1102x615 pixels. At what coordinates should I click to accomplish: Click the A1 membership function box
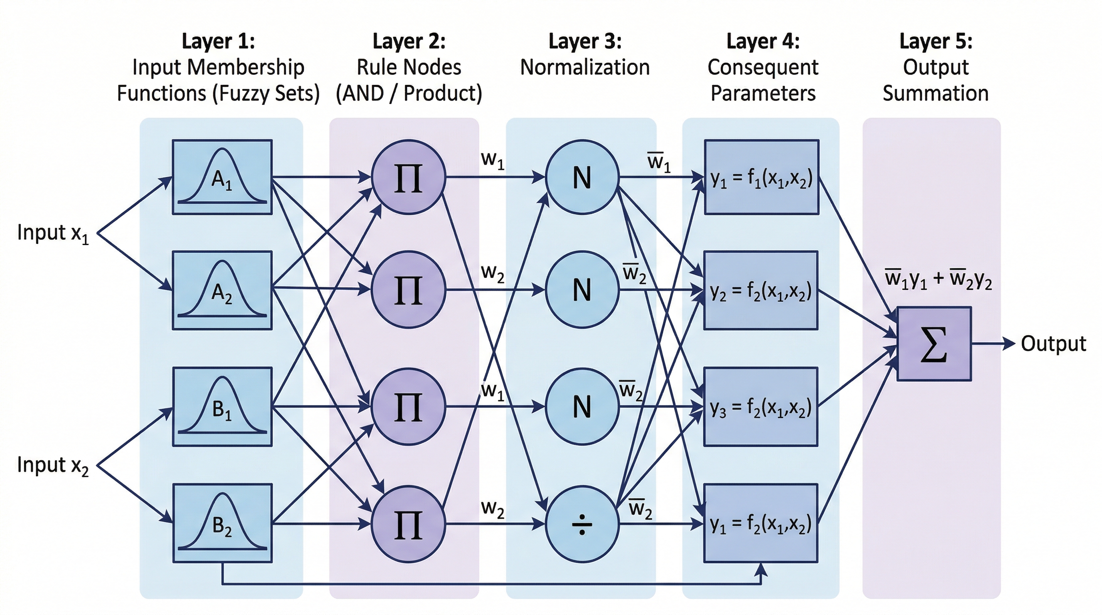click(x=222, y=177)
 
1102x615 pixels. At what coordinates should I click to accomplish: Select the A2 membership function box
click(x=222, y=290)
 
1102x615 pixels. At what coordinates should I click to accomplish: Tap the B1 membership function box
click(x=222, y=407)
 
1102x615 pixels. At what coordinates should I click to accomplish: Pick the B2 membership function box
click(x=222, y=523)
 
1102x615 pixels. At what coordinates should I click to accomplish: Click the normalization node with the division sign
click(x=582, y=524)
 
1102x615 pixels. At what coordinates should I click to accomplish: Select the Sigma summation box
click(x=934, y=344)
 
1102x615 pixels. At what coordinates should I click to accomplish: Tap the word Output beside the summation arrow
click(x=1053, y=344)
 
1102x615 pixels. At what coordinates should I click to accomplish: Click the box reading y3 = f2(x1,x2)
click(x=760, y=407)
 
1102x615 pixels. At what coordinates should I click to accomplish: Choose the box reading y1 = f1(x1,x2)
click(x=762, y=177)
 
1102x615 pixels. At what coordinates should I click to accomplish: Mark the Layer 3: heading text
click(x=585, y=42)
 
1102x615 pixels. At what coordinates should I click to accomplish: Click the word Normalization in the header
click(x=585, y=68)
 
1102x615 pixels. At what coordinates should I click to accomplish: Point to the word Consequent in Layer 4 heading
click(x=763, y=68)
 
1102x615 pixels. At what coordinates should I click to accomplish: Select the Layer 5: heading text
click(x=935, y=42)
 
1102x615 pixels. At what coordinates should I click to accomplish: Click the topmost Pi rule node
click(x=408, y=177)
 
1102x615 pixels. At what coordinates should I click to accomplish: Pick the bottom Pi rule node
click(x=408, y=524)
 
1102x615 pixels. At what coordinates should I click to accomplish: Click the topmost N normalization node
click(x=582, y=177)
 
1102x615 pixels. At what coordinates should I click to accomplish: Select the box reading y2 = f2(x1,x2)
click(x=760, y=290)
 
